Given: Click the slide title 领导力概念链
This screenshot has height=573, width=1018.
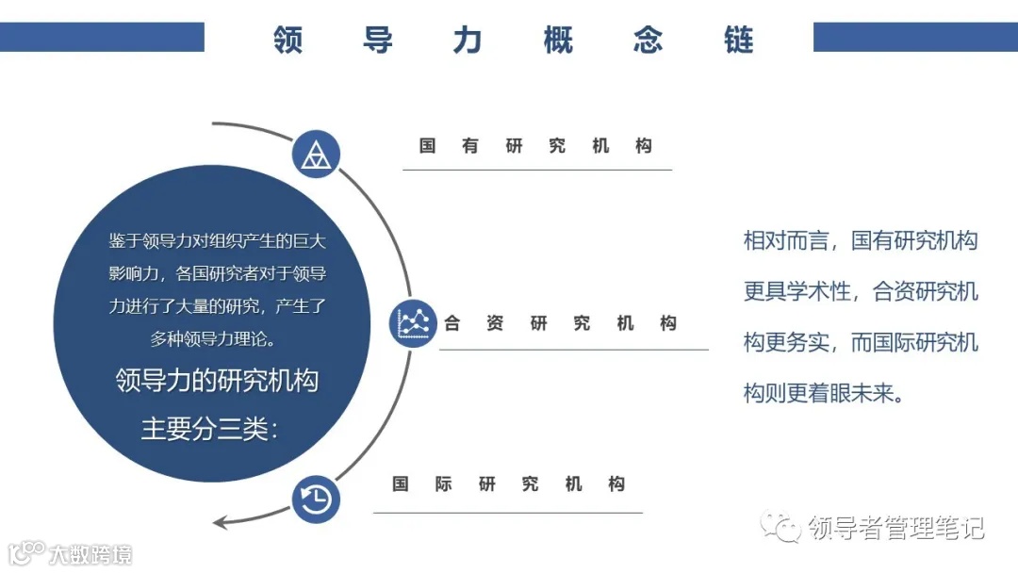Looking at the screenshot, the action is [x=514, y=41].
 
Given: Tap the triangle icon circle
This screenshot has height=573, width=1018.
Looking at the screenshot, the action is [x=316, y=155].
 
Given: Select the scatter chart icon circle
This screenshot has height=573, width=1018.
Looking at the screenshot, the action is [x=413, y=323].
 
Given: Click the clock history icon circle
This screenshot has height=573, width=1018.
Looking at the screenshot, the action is [x=316, y=498].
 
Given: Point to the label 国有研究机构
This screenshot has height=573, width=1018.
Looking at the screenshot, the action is [x=536, y=146].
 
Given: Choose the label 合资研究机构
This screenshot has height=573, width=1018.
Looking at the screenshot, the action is [x=561, y=323].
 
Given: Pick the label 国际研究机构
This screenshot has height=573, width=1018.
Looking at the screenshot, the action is [x=509, y=484].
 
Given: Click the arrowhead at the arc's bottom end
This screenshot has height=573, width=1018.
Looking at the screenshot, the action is [x=222, y=522].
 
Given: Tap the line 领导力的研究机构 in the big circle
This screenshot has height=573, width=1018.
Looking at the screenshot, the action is [x=217, y=382].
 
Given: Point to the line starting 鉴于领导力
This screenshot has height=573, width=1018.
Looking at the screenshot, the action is [x=217, y=241].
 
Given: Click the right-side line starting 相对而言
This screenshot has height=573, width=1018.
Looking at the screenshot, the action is [x=861, y=240].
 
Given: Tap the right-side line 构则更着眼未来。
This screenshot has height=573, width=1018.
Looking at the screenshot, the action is [x=824, y=393].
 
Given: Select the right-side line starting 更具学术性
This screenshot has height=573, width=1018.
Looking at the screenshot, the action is [x=861, y=291].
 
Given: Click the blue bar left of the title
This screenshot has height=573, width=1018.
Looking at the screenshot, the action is [x=102, y=37].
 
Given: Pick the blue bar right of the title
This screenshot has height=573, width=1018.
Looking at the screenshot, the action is [x=915, y=37].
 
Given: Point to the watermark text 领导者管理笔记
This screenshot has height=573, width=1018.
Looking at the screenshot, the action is [x=895, y=528].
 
